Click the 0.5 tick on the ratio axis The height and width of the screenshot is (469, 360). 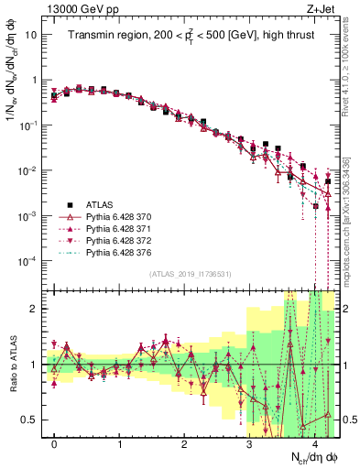pos(31,420)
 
